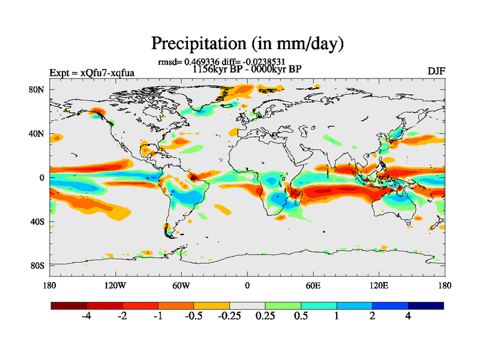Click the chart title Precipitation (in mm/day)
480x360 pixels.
(x=247, y=43)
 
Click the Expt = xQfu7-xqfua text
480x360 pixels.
(x=92, y=73)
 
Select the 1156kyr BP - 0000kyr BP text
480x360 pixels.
(x=247, y=69)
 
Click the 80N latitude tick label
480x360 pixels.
(x=38, y=89)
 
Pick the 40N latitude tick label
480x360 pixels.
(x=38, y=133)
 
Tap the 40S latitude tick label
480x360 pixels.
(x=38, y=221)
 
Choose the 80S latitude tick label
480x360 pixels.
(x=38, y=265)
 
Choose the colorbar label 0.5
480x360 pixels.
(x=301, y=316)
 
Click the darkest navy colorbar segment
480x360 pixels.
(x=426, y=305)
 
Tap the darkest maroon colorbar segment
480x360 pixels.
(x=69, y=305)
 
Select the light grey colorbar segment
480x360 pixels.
(x=247, y=305)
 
